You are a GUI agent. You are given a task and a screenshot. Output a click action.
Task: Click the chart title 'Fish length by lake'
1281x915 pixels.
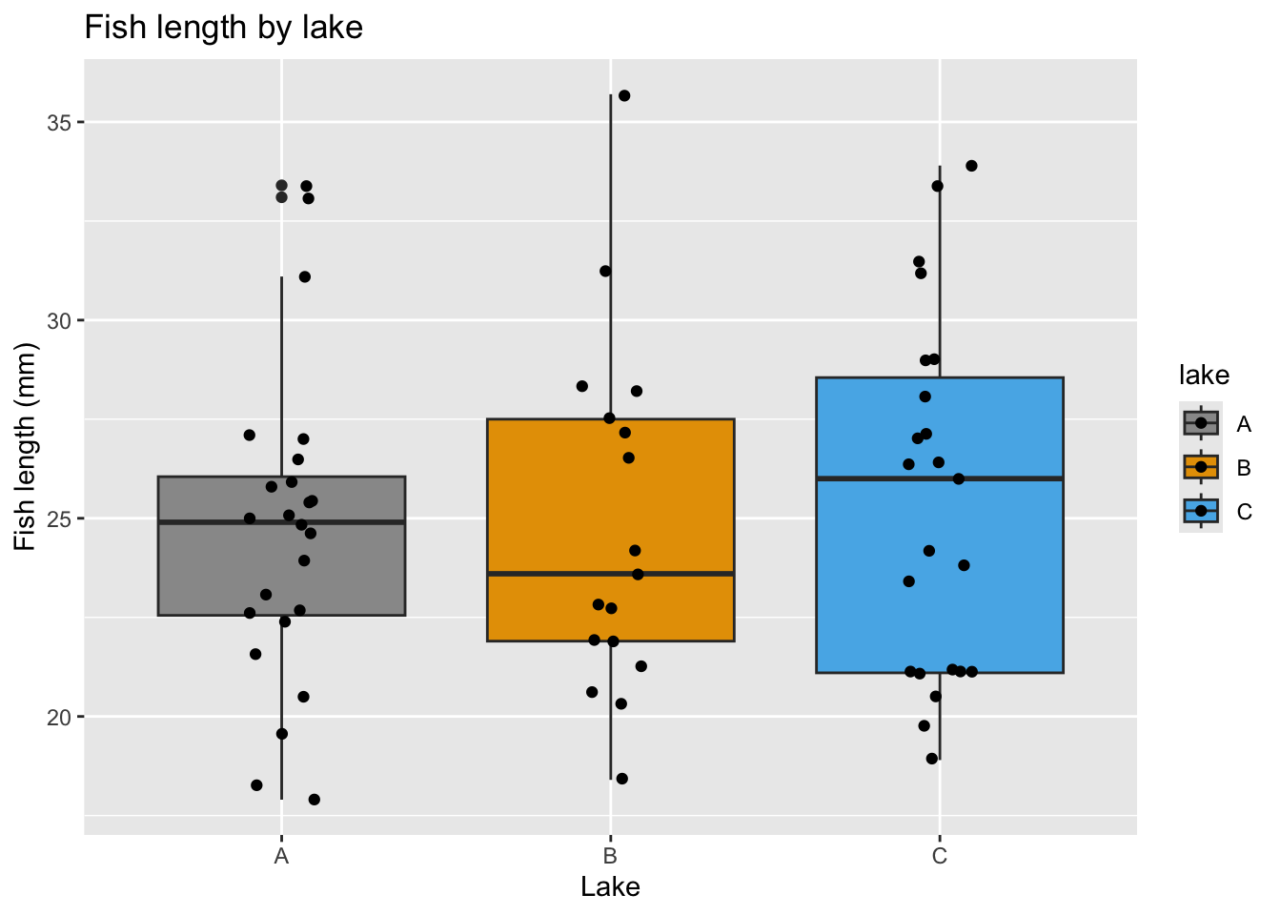[x=224, y=28]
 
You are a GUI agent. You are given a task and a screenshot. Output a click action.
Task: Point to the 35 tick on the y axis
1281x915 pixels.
[x=60, y=122]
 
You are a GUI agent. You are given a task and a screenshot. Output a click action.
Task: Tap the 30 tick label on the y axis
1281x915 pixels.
[x=60, y=320]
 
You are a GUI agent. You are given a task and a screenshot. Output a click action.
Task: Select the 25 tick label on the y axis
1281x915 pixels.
[x=60, y=518]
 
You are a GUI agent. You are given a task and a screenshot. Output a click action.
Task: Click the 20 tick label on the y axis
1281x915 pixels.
[x=60, y=717]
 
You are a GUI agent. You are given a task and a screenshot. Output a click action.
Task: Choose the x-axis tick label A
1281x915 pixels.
[x=281, y=856]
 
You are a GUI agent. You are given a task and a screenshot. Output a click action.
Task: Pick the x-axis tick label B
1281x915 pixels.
[x=610, y=856]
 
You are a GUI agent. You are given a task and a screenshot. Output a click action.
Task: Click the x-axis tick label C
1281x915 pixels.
[x=940, y=856]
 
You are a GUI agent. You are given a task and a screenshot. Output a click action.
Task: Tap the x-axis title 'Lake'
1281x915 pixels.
[x=610, y=887]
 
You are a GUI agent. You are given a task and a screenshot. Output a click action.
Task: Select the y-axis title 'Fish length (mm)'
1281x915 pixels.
[x=26, y=446]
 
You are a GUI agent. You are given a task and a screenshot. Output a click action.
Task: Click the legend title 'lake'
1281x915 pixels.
[x=1204, y=376]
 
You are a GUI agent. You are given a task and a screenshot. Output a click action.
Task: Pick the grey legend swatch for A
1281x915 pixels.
[x=1201, y=423]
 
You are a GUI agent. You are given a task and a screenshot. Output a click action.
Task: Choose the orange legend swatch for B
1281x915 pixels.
[x=1201, y=467]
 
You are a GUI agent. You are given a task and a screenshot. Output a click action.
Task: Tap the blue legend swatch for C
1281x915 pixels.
[x=1201, y=512]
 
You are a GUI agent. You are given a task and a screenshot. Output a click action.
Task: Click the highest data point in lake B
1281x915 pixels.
[x=624, y=95]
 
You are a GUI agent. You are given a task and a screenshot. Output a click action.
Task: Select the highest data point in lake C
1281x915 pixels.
[x=971, y=166]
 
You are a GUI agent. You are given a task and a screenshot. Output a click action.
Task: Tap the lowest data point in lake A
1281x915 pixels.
[x=314, y=800]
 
